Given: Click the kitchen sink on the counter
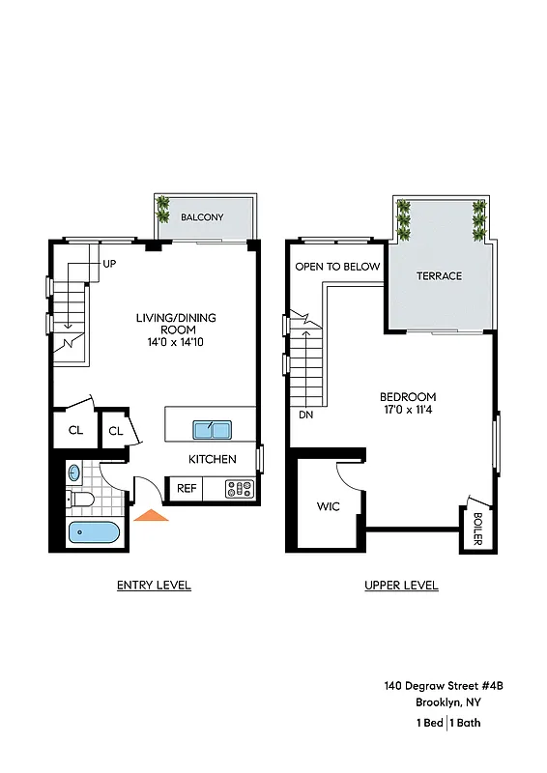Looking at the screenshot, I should (211, 430).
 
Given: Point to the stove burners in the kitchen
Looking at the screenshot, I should (239, 489).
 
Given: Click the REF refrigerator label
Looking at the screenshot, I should (187, 489).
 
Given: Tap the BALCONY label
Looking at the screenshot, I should (202, 217).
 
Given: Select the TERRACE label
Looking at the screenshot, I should (439, 275).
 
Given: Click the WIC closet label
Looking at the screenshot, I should (327, 506).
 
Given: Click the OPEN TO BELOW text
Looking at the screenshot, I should (337, 267).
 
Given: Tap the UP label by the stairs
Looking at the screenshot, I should (109, 263).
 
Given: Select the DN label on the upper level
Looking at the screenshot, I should (306, 415).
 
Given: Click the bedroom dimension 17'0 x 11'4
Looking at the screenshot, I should (407, 411).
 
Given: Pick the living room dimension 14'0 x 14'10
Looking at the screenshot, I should (175, 342).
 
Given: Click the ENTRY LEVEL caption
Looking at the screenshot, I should (154, 585).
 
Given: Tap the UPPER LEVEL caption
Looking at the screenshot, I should (401, 585).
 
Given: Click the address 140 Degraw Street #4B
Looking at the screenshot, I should (444, 685).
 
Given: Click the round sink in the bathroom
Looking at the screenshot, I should (75, 473).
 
